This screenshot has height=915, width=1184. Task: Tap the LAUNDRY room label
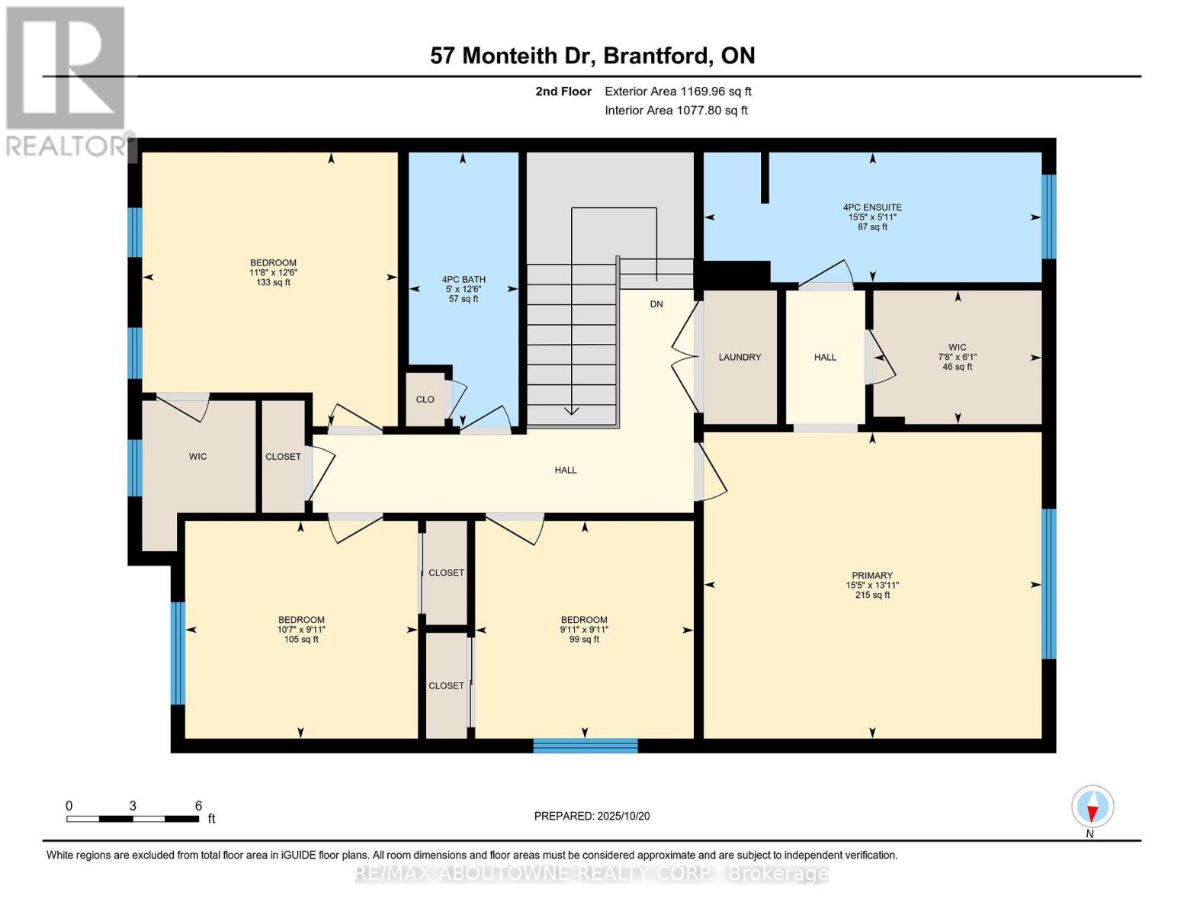[x=740, y=357]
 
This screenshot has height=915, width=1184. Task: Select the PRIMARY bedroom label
[x=872, y=576]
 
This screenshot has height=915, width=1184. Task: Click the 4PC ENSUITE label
[x=872, y=207]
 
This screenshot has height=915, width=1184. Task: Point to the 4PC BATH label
[x=464, y=279]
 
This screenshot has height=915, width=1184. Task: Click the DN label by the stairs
[x=656, y=304]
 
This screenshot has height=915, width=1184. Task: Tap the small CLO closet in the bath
[x=425, y=400]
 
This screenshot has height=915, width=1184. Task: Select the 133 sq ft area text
[x=273, y=282]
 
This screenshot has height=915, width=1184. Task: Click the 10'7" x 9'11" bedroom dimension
[x=301, y=630]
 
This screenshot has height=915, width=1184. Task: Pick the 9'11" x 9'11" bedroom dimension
[x=584, y=630]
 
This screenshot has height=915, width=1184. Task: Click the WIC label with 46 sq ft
[x=958, y=348]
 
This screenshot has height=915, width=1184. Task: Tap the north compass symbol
[x=1093, y=807]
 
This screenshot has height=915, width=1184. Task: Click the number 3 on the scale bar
[x=133, y=806]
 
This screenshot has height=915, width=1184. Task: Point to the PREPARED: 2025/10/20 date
[x=592, y=816]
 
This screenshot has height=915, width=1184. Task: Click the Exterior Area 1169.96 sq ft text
[x=678, y=91]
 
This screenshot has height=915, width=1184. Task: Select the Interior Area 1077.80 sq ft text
[x=675, y=111]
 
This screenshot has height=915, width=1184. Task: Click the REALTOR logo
[x=66, y=80]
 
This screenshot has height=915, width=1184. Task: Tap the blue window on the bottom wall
[x=585, y=746]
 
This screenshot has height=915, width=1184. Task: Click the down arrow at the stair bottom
[x=571, y=410]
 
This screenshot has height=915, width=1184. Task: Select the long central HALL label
[x=566, y=470]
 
